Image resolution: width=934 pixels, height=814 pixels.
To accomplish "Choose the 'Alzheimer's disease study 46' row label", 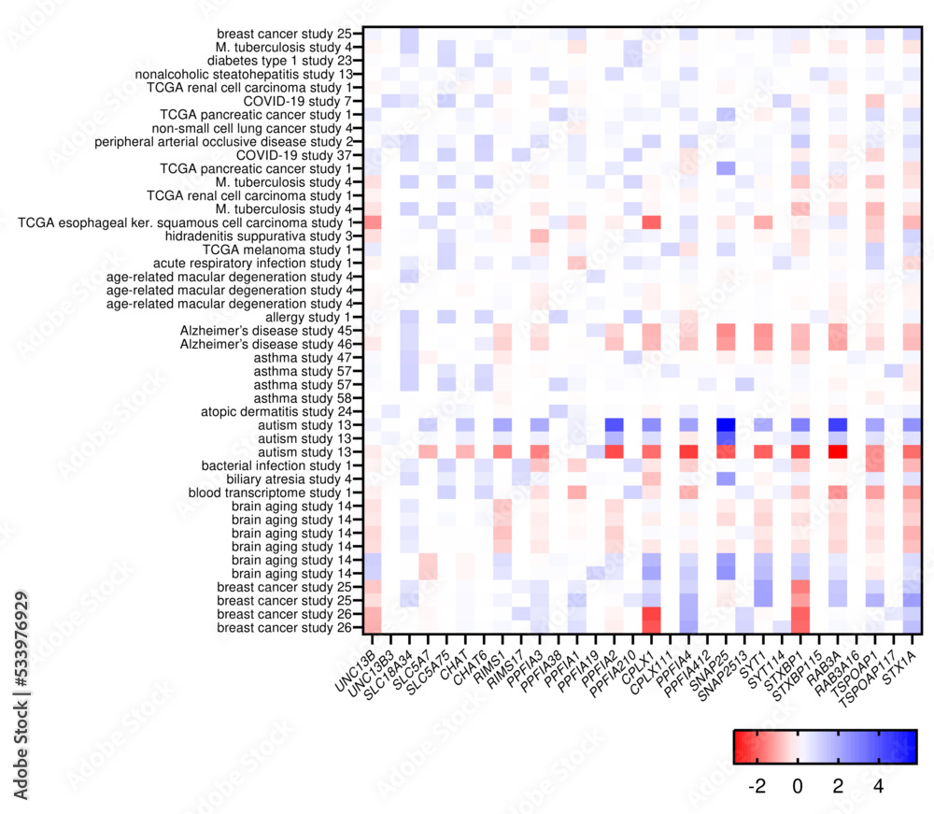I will (x=266, y=345).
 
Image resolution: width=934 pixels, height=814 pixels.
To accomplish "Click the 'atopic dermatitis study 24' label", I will (x=276, y=412).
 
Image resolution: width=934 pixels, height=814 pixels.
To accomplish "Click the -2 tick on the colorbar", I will (x=757, y=787).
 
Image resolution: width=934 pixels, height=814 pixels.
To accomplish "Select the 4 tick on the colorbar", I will (x=878, y=787).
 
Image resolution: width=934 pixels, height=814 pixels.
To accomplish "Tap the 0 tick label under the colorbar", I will (x=798, y=787).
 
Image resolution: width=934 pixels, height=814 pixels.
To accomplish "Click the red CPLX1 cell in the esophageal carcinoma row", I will (x=651, y=222).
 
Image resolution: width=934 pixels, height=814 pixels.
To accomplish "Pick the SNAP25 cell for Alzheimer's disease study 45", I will (x=725, y=331).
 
